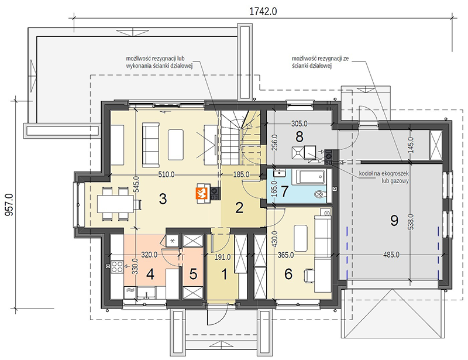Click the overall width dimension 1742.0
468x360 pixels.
coord(263,11)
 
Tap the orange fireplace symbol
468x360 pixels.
coord(201,193)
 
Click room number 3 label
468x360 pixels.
coord(163,199)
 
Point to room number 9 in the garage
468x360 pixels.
coord(394,221)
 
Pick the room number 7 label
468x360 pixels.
coord(284,191)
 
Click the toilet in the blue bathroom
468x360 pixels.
coord(321,194)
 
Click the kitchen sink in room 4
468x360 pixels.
coord(147,293)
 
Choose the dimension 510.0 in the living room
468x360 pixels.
coord(166,174)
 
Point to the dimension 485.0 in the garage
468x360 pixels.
coord(391,255)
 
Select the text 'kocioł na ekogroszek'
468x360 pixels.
coord(384,173)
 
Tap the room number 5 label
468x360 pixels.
coord(194,275)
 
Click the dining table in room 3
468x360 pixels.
coord(115,204)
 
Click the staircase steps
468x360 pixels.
coord(230,138)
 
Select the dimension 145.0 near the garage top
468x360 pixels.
coord(411,145)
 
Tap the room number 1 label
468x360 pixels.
coord(224,275)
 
